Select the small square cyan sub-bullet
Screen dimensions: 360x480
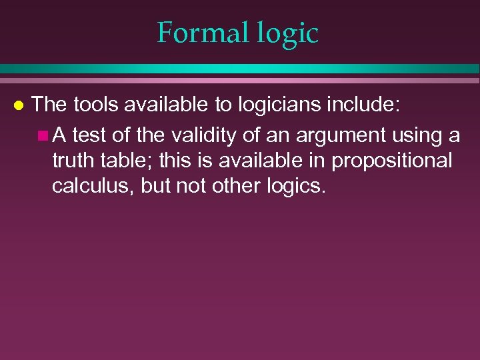click(43, 137)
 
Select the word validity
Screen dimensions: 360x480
click(198, 135)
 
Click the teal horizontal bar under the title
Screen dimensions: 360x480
click(240, 69)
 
